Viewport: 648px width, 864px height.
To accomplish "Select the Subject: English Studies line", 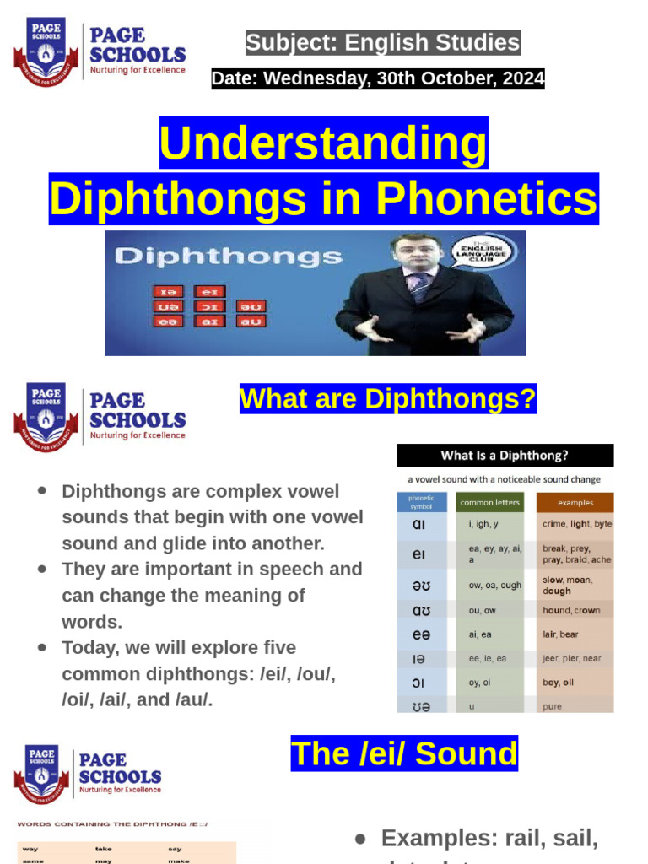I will (382, 42).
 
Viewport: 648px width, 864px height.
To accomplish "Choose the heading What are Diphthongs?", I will (388, 398).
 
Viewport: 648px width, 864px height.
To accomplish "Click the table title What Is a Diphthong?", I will (505, 456).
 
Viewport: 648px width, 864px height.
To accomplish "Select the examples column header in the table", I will (575, 503).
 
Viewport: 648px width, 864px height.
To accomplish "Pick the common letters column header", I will (490, 503).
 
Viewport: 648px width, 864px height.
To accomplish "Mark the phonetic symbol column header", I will (421, 503).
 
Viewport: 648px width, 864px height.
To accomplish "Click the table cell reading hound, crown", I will (571, 610).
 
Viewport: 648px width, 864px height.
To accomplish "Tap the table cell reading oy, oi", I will (480, 683).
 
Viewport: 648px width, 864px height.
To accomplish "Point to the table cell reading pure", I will (553, 706).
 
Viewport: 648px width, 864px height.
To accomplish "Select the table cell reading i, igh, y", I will (483, 524).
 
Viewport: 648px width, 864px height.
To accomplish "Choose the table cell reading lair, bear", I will (560, 634).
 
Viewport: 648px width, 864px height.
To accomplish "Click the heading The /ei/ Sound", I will (404, 753).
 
